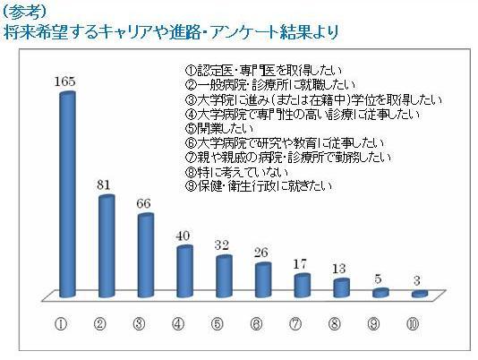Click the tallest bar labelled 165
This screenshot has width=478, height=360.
(x=67, y=194)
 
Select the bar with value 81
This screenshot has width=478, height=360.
(x=107, y=246)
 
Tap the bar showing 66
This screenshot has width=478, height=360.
(x=146, y=255)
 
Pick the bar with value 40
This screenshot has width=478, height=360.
(x=184, y=271)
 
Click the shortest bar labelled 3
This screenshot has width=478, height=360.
(x=420, y=294)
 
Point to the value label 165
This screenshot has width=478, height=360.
(x=65, y=81)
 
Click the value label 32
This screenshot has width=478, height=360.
(x=222, y=245)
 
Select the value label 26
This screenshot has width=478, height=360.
(x=260, y=253)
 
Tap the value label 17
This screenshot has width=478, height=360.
(x=300, y=264)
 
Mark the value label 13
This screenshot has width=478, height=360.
(x=339, y=269)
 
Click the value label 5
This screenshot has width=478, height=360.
(x=379, y=279)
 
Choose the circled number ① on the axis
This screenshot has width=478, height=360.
(x=61, y=324)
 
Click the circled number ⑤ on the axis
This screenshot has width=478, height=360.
(x=217, y=324)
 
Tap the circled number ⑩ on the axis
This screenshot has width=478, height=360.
(x=413, y=324)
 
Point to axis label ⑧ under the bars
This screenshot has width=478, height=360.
(x=335, y=324)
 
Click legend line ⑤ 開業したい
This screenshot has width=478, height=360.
(x=219, y=129)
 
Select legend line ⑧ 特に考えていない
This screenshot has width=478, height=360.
(x=236, y=172)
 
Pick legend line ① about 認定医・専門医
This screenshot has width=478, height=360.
(x=264, y=71)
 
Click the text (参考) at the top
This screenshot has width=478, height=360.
(x=26, y=12)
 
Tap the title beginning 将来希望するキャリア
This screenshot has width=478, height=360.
(x=171, y=32)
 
